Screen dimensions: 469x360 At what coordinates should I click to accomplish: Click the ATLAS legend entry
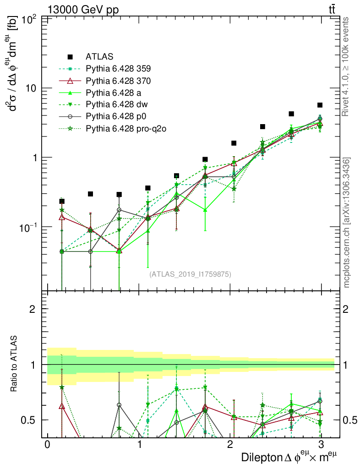coord(99,57)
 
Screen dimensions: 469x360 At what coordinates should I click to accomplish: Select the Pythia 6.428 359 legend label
coord(118,69)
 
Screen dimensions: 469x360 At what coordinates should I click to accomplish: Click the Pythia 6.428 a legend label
coord(113,93)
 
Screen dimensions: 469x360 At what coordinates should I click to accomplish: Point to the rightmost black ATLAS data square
coord(320,105)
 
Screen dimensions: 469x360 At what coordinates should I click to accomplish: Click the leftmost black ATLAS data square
coord(62,201)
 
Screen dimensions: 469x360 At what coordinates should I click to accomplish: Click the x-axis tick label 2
coord(230,445)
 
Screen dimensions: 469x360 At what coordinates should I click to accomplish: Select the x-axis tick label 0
coord(47,445)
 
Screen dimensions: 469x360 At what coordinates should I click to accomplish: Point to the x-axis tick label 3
coord(322,445)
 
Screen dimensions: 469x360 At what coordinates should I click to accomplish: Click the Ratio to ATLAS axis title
coord(15,364)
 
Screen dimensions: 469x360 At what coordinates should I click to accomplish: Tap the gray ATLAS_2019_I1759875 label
coord(190,274)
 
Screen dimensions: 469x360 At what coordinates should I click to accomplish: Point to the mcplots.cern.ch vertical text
coord(347,222)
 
